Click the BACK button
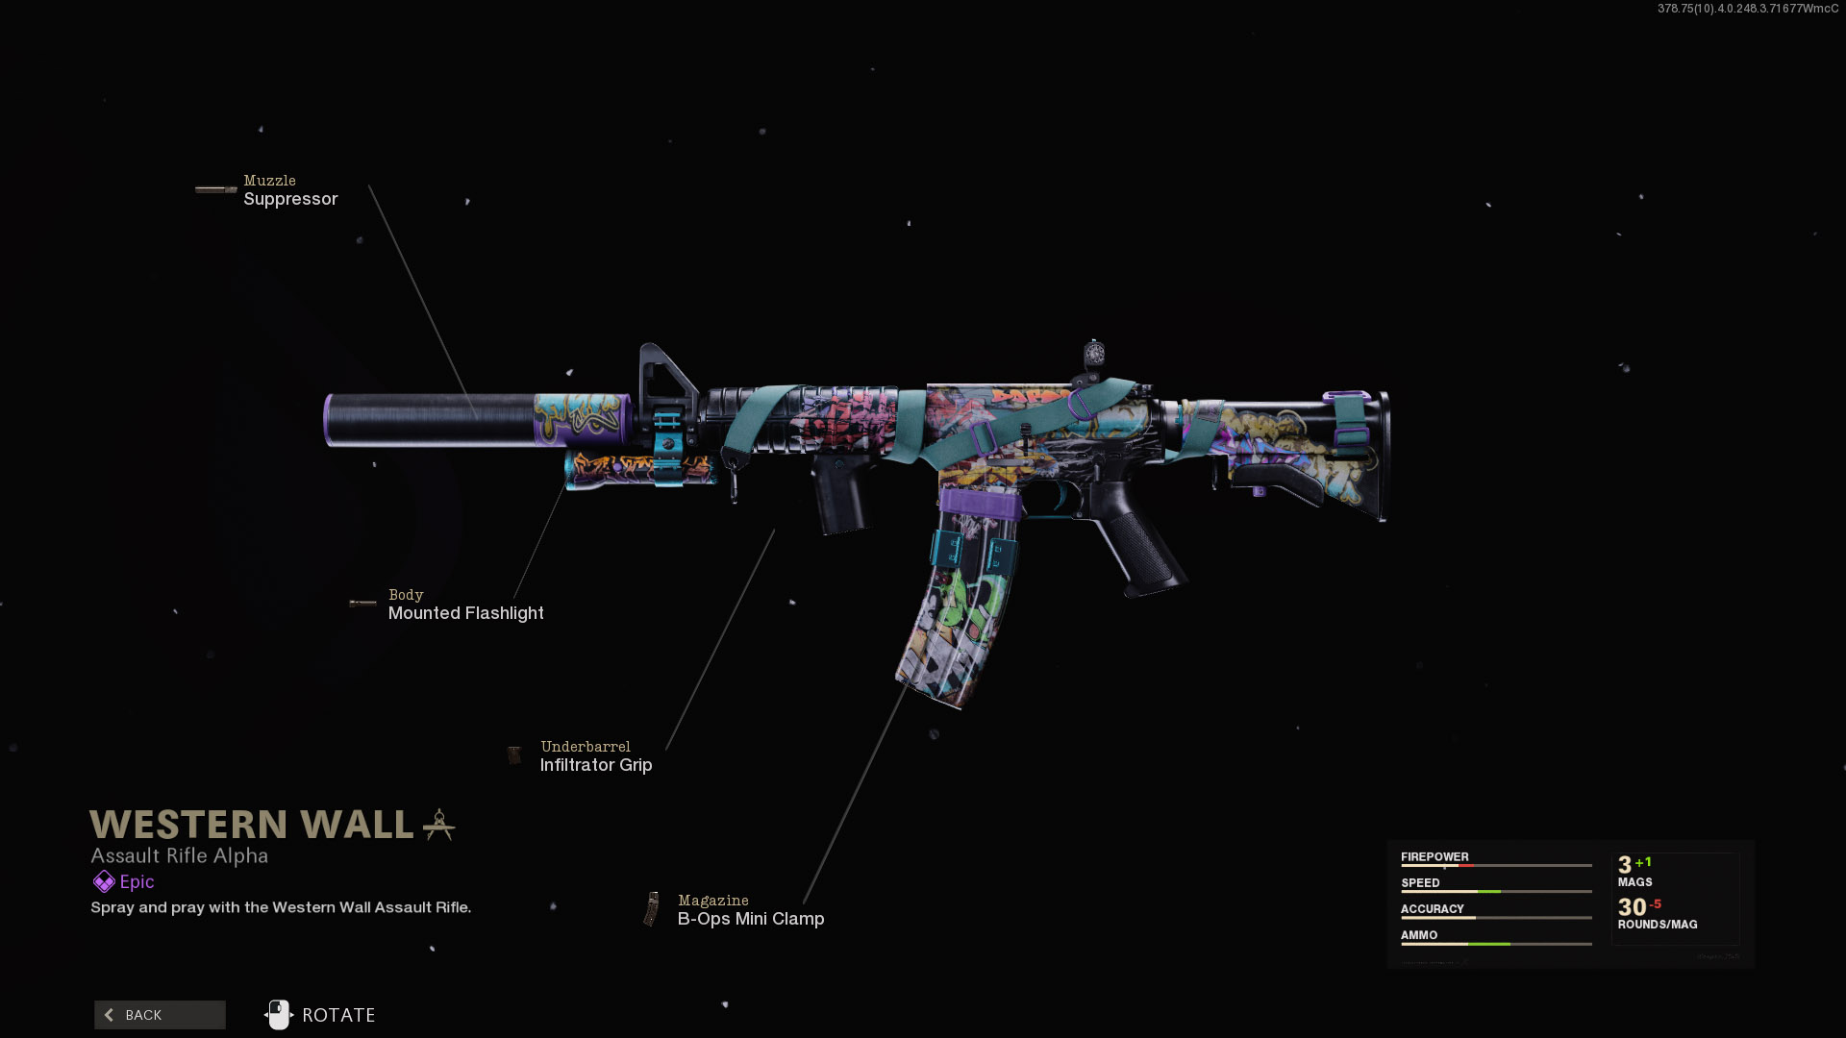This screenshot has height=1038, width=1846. pyautogui.click(x=160, y=1015)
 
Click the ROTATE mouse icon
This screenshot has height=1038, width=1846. pyautogui.click(x=279, y=1015)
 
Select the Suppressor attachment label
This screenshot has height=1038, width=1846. pyautogui.click(x=290, y=199)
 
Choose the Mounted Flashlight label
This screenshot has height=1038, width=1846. pyautogui.click(x=465, y=613)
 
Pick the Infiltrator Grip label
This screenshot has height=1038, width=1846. pyautogui.click(x=596, y=765)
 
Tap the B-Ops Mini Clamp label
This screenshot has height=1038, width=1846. pyautogui.click(x=751, y=919)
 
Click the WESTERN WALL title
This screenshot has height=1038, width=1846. pyautogui.click(x=252, y=825)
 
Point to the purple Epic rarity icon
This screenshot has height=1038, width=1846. pyautogui.click(x=104, y=881)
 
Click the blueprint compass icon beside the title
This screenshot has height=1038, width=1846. pyautogui.click(x=439, y=824)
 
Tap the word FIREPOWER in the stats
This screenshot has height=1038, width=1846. pyautogui.click(x=1434, y=856)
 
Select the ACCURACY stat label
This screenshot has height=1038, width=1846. pyautogui.click(x=1432, y=908)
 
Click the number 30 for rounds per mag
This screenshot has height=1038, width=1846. pyautogui.click(x=1632, y=907)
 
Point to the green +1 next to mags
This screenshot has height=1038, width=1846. pyautogui.click(x=1643, y=862)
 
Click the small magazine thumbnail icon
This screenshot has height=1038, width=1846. pyautogui.click(x=653, y=909)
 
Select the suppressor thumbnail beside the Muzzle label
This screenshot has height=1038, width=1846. pyautogui.click(x=215, y=190)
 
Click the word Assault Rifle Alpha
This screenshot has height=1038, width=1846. pyautogui.click(x=180, y=855)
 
